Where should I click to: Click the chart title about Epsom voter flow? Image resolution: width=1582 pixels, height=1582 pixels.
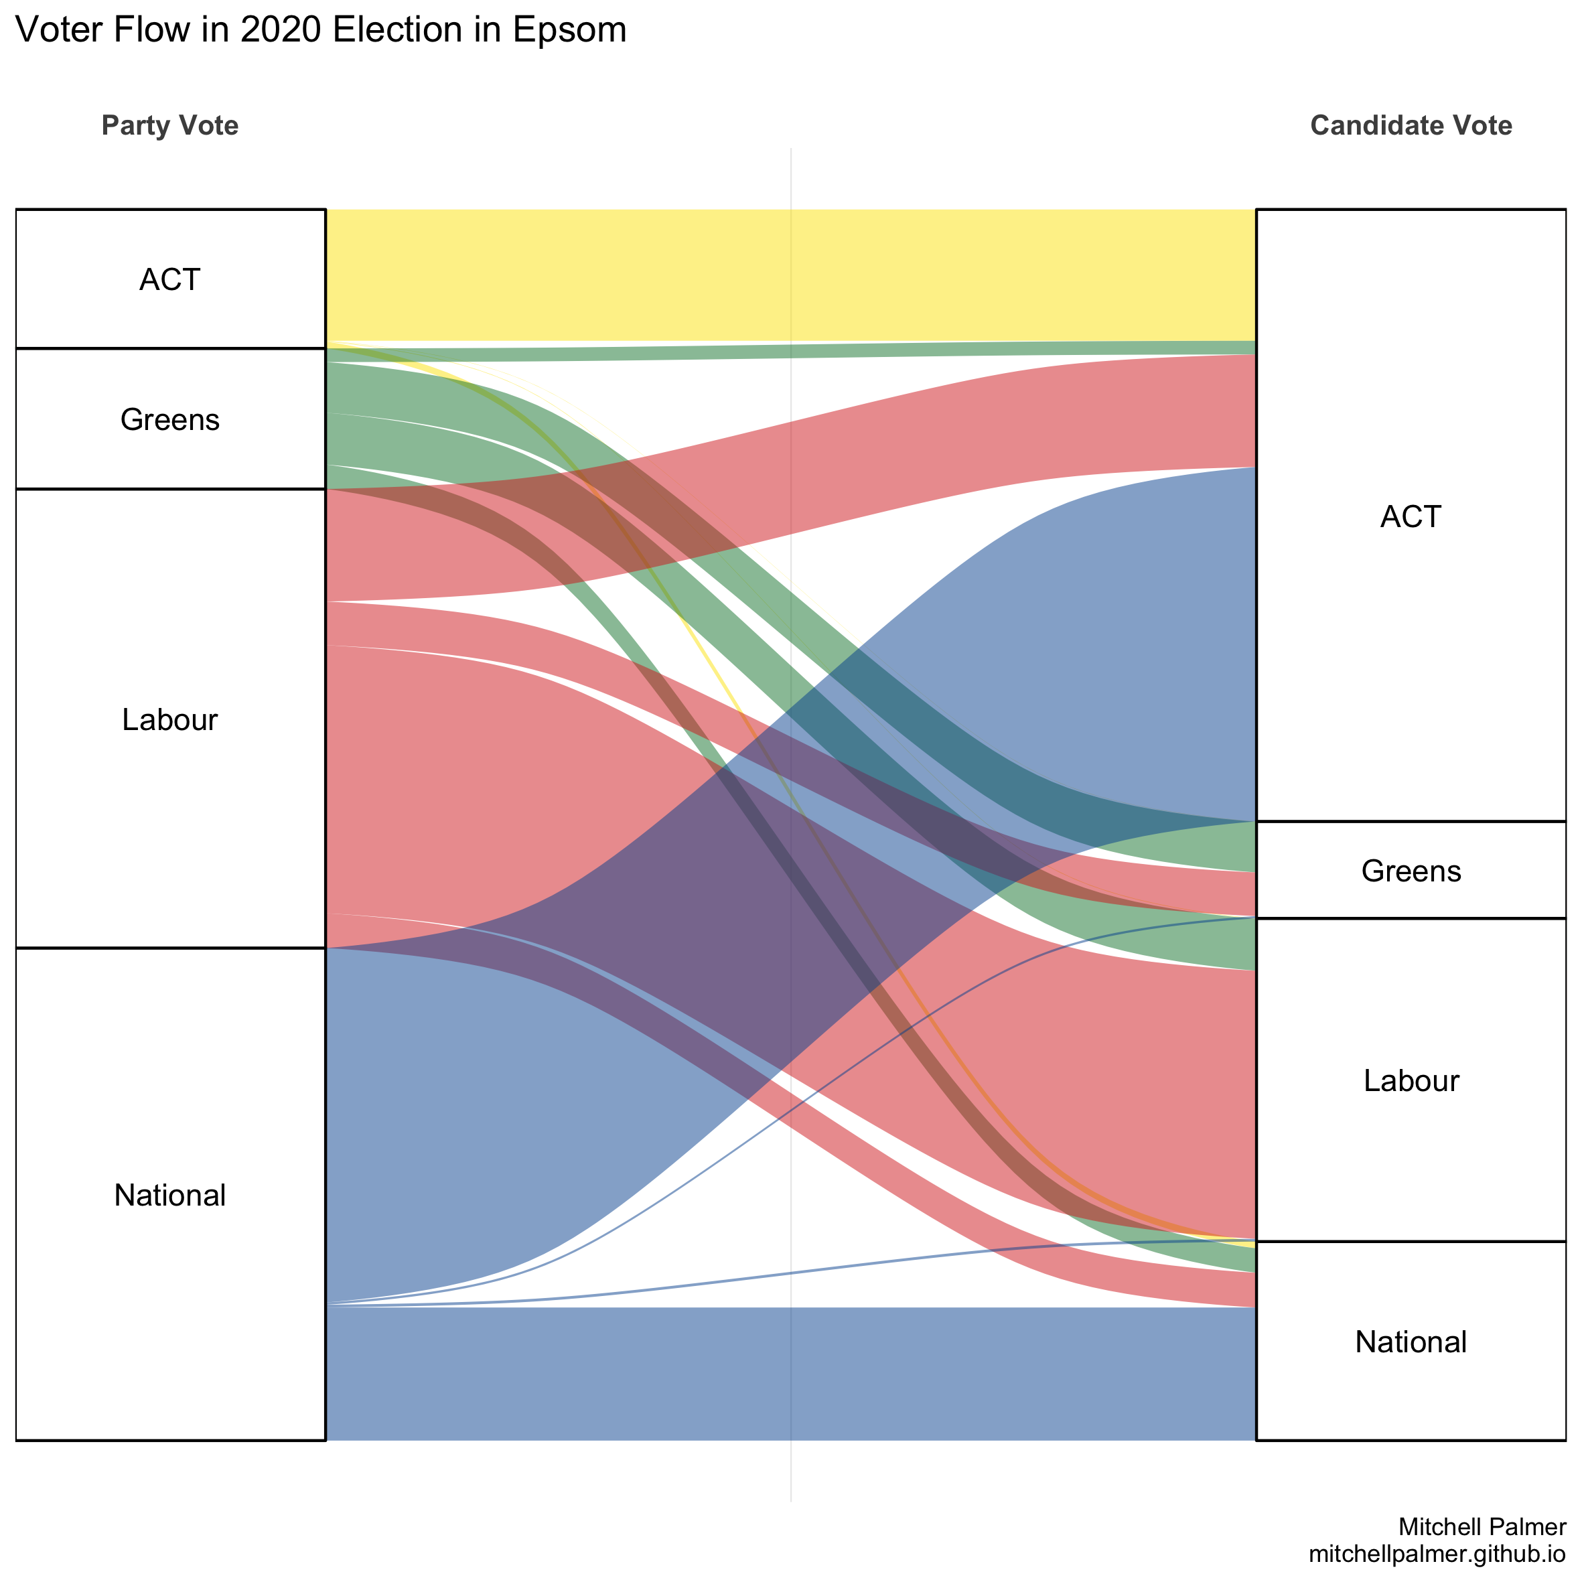click(x=321, y=31)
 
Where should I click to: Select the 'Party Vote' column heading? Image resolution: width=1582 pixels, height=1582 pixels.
click(x=169, y=125)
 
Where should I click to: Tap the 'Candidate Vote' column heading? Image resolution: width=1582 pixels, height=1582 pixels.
click(x=1411, y=125)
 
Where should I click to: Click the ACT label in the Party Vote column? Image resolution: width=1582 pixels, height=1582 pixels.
click(x=169, y=280)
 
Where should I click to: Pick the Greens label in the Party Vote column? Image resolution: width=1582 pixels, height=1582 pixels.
click(x=169, y=420)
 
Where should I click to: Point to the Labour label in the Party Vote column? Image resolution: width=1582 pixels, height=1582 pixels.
click(x=169, y=720)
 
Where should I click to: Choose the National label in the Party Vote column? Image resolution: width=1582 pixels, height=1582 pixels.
click(x=169, y=1196)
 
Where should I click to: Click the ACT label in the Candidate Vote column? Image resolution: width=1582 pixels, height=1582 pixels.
click(x=1410, y=516)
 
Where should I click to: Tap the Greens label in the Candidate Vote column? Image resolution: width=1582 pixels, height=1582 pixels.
click(x=1411, y=871)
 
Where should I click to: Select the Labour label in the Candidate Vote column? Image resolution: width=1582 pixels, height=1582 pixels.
click(x=1411, y=1081)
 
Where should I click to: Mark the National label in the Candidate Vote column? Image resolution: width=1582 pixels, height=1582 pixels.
click(x=1411, y=1342)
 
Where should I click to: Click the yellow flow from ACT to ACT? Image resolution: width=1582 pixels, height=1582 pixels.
click(x=790, y=275)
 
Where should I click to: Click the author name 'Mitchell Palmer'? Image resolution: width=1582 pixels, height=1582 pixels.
click(x=1482, y=1526)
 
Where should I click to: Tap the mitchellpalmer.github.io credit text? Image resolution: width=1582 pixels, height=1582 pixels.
click(x=1437, y=1553)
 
